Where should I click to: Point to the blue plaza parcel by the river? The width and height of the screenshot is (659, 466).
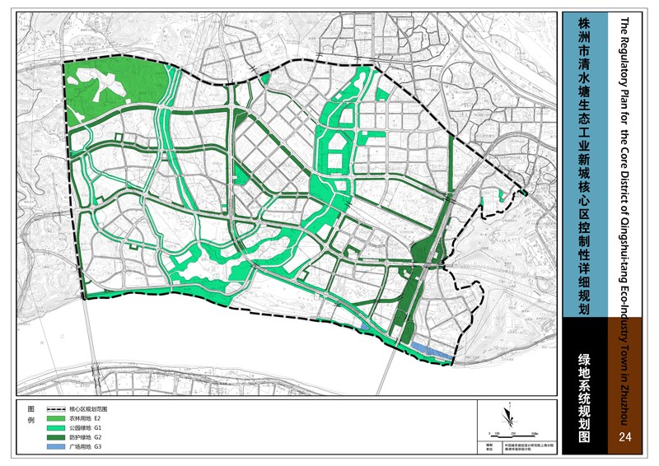click(x=432, y=351)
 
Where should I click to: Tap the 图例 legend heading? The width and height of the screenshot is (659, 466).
click(x=32, y=415)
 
